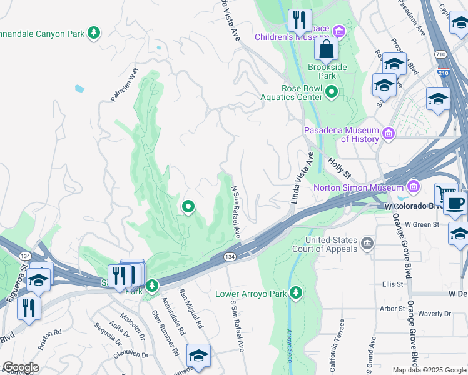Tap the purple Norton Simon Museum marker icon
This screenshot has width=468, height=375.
(412, 186)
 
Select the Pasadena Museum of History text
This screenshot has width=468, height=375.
(342, 134)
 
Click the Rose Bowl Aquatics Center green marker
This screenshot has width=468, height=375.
(331, 93)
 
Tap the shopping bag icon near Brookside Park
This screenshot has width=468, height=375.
(326, 48)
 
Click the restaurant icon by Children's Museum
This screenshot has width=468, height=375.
(300, 21)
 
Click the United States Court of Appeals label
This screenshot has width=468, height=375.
(332, 244)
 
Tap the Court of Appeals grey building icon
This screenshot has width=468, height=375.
(367, 242)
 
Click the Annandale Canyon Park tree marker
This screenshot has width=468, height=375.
(94, 32)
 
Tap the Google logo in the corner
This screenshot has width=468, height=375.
(21, 367)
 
